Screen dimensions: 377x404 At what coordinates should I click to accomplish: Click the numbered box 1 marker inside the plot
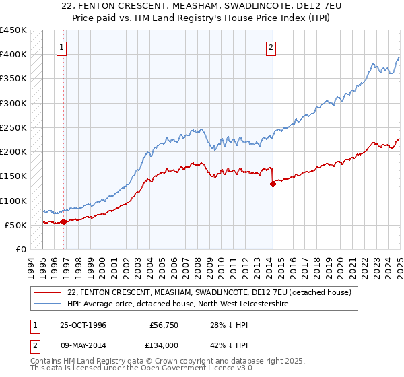coord(61,47)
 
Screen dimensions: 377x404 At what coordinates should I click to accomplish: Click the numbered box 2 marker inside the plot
coord(270,47)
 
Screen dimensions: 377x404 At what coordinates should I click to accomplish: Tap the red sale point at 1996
coord(63,221)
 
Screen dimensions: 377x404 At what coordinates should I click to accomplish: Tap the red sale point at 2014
coord(273,184)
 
